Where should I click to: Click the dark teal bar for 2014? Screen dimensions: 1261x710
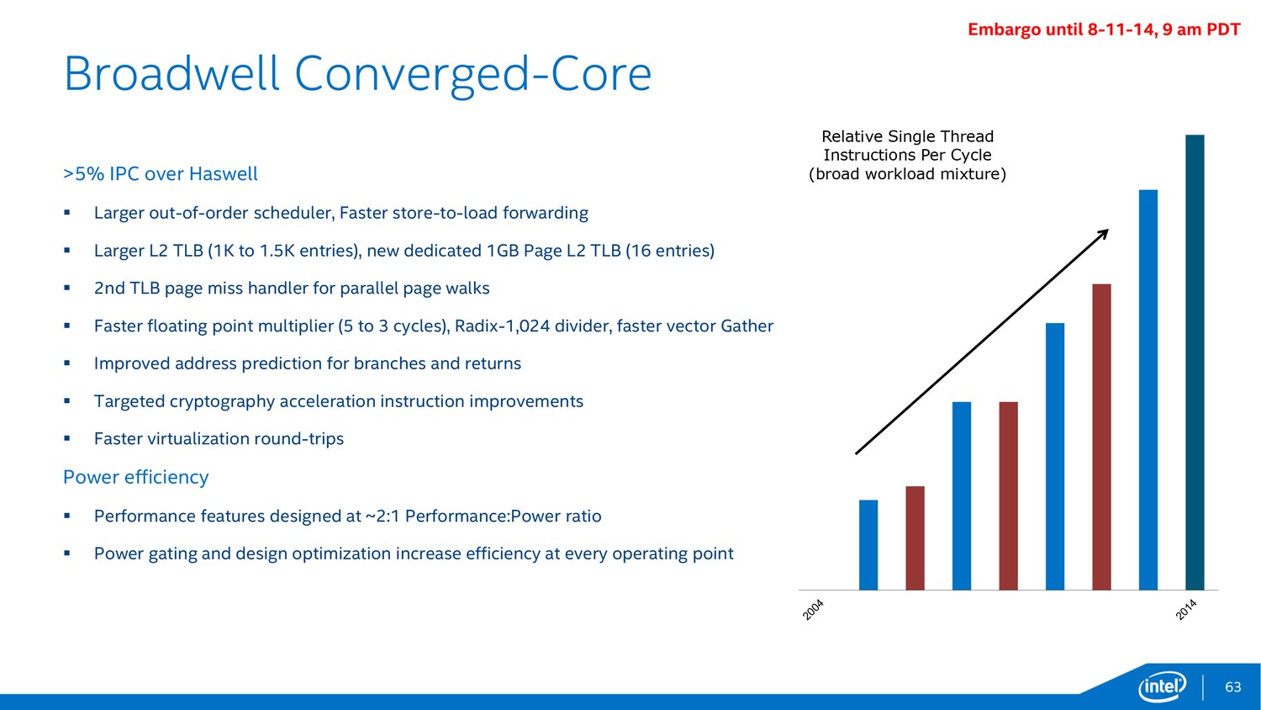[1195, 363]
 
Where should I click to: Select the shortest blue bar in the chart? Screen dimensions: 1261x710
[868, 545]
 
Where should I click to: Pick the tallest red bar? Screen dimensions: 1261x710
[1101, 437]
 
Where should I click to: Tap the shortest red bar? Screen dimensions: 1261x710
[915, 538]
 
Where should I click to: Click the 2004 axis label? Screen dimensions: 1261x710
[813, 610]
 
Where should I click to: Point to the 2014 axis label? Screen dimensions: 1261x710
[1186, 610]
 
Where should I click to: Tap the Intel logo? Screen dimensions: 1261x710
[1162, 687]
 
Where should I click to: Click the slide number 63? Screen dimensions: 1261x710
[1233, 687]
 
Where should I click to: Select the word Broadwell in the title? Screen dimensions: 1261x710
[171, 74]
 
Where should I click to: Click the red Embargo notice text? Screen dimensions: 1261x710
[1104, 29]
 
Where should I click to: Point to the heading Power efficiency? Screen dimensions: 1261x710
[135, 477]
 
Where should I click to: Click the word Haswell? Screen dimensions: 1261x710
[223, 173]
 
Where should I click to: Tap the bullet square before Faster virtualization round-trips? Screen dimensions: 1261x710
[67, 437]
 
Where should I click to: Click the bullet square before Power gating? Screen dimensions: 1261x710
[67, 553]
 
